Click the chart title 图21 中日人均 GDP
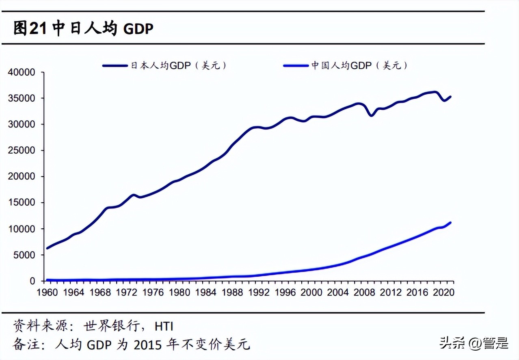[83, 28]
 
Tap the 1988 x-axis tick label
[232, 292]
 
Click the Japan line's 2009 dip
[371, 115]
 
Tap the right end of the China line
[450, 223]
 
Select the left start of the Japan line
[48, 248]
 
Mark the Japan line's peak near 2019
[435, 92]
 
